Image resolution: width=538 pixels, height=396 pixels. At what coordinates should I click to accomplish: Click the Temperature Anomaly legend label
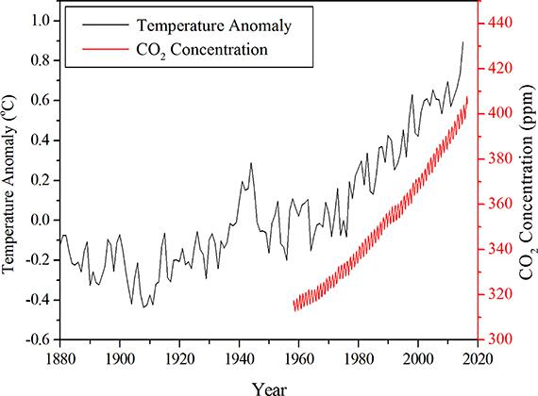point(214,25)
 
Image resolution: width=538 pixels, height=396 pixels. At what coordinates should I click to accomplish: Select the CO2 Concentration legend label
point(202,50)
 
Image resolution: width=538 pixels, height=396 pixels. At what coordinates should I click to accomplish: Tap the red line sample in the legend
point(106,49)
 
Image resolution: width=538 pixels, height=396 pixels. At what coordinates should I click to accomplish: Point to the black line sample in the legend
point(106,25)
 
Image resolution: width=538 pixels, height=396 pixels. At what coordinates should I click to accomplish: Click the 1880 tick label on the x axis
point(59,359)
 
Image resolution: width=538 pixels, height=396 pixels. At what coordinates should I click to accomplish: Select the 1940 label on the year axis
point(239,359)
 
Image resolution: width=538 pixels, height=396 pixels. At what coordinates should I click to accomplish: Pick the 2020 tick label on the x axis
point(478,359)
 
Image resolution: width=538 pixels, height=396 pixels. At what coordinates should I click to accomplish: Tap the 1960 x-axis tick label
point(298,359)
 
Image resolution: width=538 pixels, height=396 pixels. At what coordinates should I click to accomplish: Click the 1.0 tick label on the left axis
point(41,21)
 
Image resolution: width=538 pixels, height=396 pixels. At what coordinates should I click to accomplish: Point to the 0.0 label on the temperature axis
point(41,220)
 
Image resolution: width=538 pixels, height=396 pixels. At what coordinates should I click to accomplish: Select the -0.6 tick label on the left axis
point(38,339)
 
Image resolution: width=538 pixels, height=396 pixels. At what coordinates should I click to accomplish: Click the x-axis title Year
point(269,389)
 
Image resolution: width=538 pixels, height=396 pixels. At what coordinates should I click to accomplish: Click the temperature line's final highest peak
point(462,41)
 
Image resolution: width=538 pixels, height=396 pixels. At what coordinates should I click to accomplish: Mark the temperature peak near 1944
point(251,163)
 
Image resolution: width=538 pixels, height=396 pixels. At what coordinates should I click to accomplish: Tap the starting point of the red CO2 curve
point(294,303)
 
